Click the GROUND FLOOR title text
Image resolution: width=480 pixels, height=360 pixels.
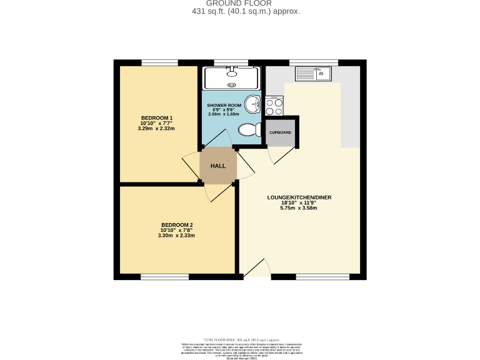[239, 3]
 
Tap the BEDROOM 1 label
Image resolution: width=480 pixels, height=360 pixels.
[156, 118]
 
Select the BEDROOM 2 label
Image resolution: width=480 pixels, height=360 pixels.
[177, 225]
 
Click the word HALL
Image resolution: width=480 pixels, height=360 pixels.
[218, 166]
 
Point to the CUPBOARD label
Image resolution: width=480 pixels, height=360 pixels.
[280, 132]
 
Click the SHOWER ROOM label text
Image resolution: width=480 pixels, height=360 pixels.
[224, 104]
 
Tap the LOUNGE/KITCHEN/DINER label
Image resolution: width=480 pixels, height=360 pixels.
[299, 197]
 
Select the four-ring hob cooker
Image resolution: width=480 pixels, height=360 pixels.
[274, 106]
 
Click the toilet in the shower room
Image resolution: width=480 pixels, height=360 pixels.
[250, 130]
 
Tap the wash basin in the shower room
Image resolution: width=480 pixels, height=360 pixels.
[252, 104]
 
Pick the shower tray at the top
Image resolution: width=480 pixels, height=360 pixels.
[232, 77]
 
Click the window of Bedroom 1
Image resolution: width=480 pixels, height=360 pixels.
[160, 62]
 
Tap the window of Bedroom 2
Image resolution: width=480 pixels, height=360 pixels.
[164, 277]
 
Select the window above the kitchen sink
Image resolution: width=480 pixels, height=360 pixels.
[314, 62]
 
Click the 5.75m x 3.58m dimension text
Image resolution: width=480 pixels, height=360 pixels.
[299, 208]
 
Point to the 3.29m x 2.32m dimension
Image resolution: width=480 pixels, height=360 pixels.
[156, 129]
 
